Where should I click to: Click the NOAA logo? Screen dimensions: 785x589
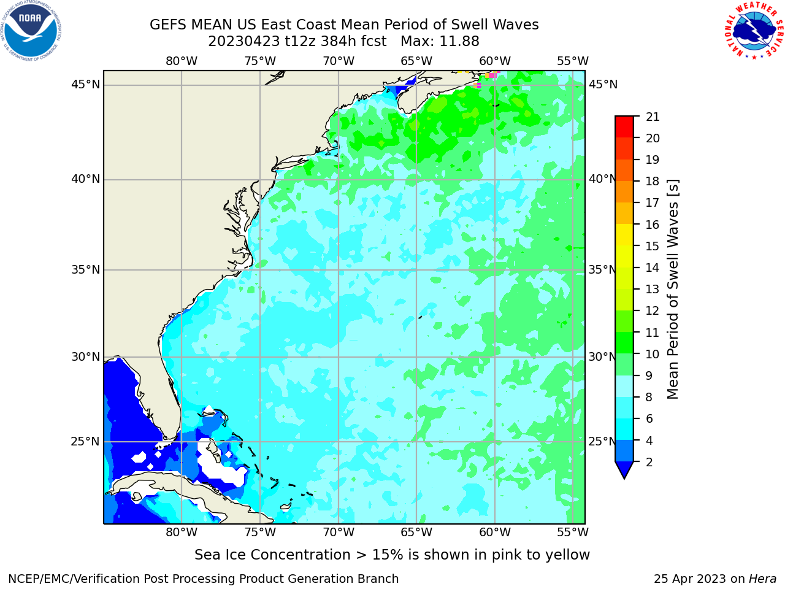(x=31, y=31)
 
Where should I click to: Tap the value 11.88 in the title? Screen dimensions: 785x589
(x=459, y=42)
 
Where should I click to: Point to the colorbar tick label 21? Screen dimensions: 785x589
(x=653, y=117)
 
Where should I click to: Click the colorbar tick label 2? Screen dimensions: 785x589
(x=649, y=462)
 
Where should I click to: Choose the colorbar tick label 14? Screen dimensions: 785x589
(x=653, y=268)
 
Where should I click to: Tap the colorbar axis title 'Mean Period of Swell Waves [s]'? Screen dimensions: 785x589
(x=673, y=290)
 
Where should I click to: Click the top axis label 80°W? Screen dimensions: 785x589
(x=182, y=61)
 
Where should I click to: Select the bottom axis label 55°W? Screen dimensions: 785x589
(x=573, y=532)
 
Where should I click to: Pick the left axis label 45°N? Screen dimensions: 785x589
(x=85, y=85)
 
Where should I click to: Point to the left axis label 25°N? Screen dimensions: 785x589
(x=85, y=442)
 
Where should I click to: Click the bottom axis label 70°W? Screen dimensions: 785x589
(x=339, y=532)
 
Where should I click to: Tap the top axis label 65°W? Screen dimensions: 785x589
(x=416, y=61)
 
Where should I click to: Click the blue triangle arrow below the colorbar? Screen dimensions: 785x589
(x=624, y=469)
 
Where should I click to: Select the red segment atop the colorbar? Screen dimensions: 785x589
(x=624, y=126)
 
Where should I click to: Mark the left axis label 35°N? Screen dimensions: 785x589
(x=85, y=269)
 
